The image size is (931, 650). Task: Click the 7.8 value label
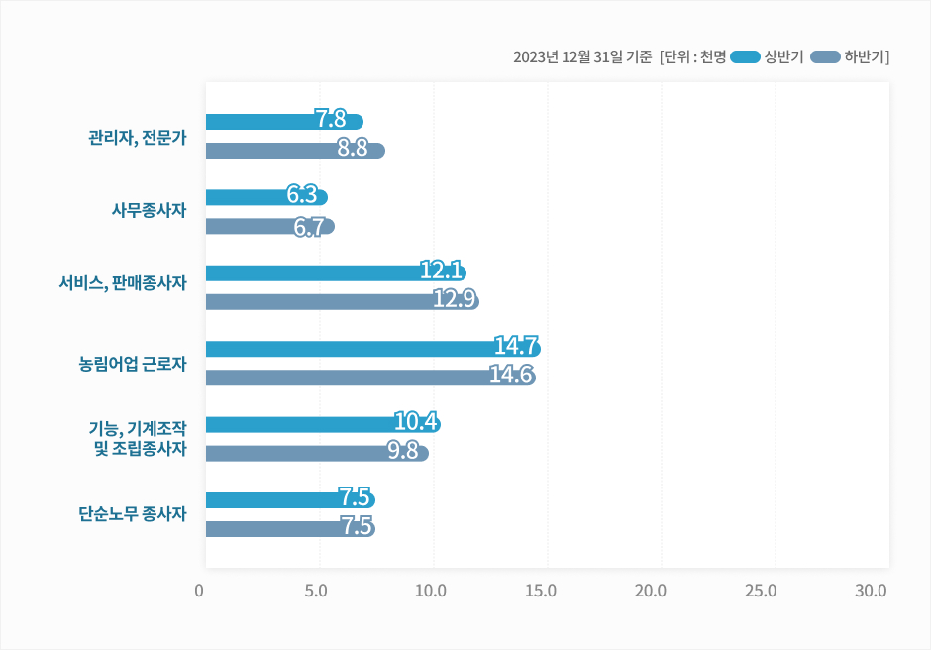pos(330,120)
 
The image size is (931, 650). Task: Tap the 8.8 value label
pos(352,149)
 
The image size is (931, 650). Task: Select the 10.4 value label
pos(416,422)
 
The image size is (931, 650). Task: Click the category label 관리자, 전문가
pos(138,137)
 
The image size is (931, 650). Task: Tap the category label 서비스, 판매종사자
pos(123,283)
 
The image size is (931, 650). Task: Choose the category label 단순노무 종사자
pos(133,514)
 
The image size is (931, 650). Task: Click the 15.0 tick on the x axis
pos(541,592)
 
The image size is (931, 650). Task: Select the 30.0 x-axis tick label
pos(871,592)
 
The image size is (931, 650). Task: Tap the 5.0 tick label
pos(317,592)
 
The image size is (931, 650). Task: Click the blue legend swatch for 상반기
pos(745,56)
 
